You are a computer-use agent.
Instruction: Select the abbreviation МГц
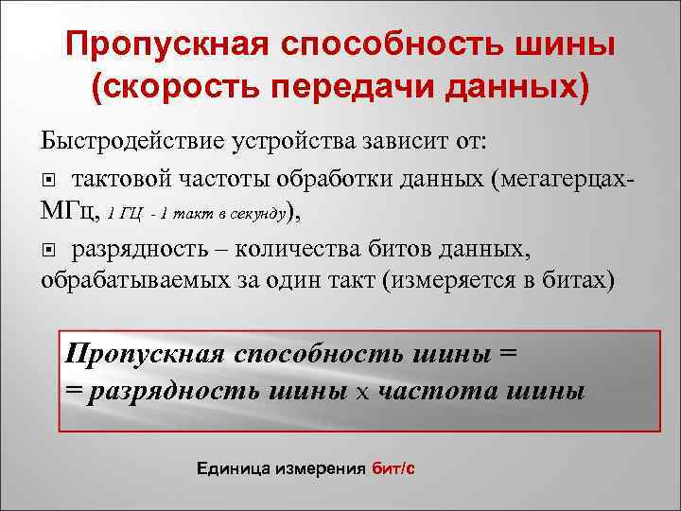pyautogui.click(x=68, y=214)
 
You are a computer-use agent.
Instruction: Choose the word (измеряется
pyautogui.click(x=456, y=282)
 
